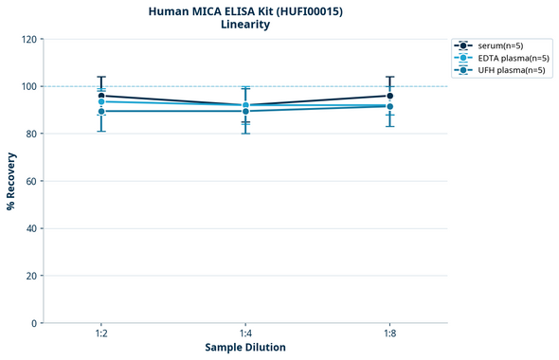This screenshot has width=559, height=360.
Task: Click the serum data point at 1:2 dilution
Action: click(x=101, y=96)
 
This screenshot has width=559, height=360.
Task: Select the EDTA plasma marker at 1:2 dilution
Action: click(x=101, y=101)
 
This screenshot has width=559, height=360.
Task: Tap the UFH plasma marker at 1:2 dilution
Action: click(x=101, y=112)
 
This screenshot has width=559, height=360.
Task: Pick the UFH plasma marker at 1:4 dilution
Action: click(x=245, y=112)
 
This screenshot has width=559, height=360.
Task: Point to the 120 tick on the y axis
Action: click(x=28, y=39)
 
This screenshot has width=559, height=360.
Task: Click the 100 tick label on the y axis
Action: click(x=28, y=86)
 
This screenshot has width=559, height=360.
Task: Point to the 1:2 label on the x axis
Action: click(x=101, y=334)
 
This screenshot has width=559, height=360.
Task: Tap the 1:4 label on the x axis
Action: click(x=245, y=334)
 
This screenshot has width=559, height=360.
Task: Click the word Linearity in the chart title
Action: click(x=245, y=25)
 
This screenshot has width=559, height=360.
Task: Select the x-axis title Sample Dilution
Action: click(x=245, y=348)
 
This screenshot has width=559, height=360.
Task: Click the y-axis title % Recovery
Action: click(x=10, y=181)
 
